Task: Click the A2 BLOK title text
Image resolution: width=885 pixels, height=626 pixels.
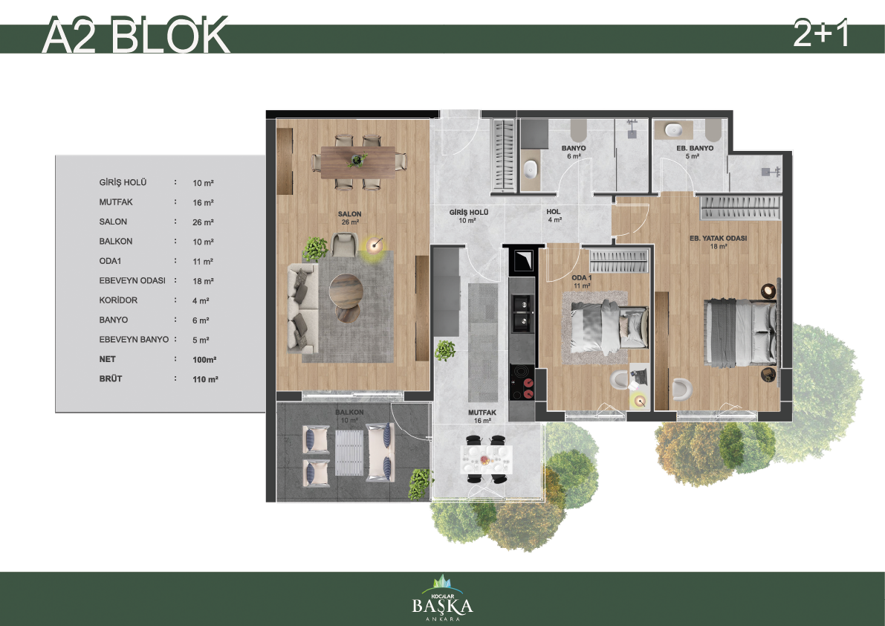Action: coord(136,36)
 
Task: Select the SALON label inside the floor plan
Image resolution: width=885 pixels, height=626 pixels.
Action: coord(349,214)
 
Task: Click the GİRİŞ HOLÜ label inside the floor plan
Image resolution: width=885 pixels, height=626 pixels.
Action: coord(468,212)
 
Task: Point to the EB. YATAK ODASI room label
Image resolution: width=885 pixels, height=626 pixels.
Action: coord(718,238)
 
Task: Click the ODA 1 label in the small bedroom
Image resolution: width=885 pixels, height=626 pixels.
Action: coord(581,278)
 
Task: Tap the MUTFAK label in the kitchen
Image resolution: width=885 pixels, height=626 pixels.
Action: coord(482,413)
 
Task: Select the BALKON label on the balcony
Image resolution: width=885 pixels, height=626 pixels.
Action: coord(349,412)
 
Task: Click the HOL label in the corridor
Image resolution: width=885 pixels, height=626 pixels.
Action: coord(553,212)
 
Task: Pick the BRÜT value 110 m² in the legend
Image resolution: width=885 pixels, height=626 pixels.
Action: coord(205,379)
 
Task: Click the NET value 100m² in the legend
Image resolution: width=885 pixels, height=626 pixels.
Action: coord(204,360)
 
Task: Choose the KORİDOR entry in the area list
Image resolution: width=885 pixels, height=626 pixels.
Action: coord(118,300)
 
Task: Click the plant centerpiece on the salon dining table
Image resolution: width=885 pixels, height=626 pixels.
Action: coord(357,161)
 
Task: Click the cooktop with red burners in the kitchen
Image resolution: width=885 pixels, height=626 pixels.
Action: coord(522,382)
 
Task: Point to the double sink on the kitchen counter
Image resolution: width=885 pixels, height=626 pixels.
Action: coord(522,313)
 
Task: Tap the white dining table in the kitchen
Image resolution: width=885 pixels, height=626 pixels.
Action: coord(486,459)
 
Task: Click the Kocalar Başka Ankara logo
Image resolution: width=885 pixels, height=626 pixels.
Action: coord(443,598)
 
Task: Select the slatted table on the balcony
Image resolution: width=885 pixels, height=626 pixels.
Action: coord(349,453)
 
